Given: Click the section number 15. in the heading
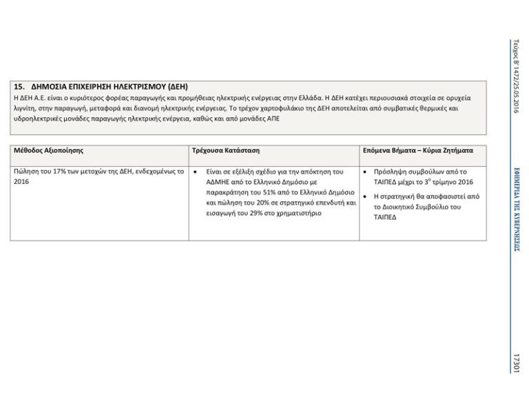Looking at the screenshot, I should click(x=19, y=87).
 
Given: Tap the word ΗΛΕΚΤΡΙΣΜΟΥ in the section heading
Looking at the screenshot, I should click(x=114, y=87).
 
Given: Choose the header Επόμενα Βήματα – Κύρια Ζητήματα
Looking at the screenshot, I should click(x=418, y=150).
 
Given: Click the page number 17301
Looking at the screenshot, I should click(x=516, y=362).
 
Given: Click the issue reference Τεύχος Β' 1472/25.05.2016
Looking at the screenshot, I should click(x=516, y=76).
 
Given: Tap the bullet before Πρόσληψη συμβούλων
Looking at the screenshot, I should click(x=364, y=172).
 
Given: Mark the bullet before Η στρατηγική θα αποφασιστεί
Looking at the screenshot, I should click(x=364, y=196).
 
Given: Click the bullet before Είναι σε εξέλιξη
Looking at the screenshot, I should click(x=196, y=172).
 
